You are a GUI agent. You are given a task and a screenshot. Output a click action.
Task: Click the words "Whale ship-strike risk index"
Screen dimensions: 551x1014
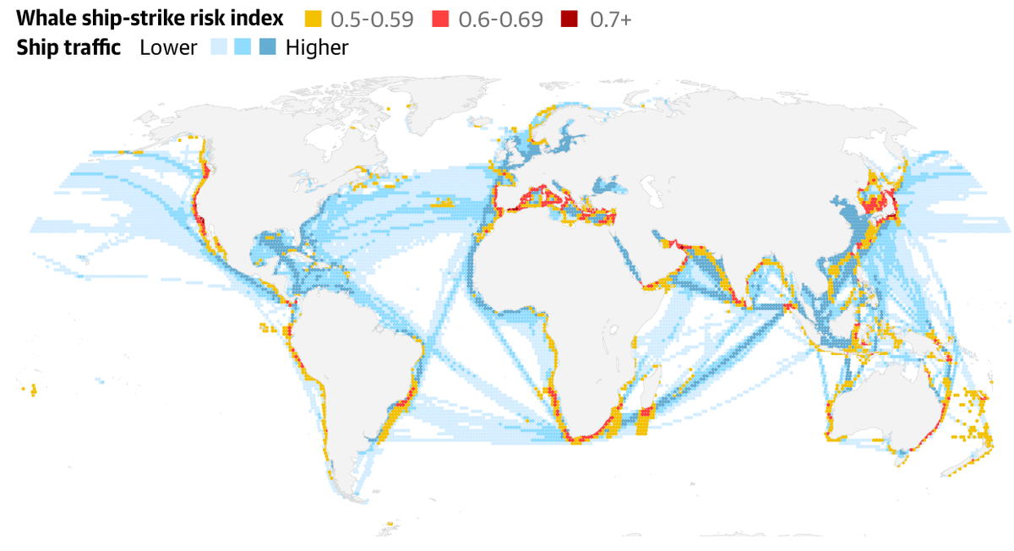tap(150, 19)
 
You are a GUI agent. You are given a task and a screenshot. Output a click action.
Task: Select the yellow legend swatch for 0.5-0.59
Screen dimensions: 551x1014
tap(313, 19)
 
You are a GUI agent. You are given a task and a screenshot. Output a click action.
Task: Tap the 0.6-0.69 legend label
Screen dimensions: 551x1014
tap(501, 19)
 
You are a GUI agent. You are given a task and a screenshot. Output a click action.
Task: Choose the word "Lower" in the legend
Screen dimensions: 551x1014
tap(168, 47)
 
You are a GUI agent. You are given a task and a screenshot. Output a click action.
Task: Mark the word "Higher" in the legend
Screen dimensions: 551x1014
tap(317, 47)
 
